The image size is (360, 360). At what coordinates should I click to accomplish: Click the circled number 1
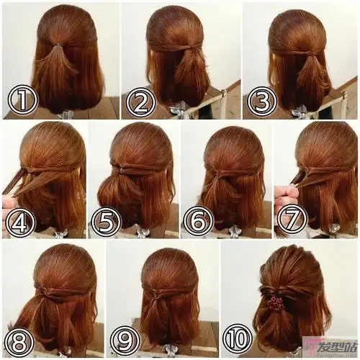(x=23, y=100)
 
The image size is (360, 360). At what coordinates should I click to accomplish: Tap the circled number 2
(x=141, y=102)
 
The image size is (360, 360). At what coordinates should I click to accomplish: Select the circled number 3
(x=262, y=101)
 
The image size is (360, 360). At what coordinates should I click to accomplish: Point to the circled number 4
(x=20, y=222)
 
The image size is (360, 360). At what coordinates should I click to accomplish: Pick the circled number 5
(x=107, y=222)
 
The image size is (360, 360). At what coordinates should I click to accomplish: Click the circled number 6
(x=199, y=222)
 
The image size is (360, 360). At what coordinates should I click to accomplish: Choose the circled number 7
(x=292, y=219)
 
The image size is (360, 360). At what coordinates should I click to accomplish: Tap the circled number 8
(x=19, y=341)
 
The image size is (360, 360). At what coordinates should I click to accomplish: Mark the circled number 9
(x=125, y=341)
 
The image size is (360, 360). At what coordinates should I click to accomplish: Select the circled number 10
(x=238, y=339)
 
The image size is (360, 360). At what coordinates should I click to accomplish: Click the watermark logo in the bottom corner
(x=330, y=347)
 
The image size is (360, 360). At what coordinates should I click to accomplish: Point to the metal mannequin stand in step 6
(x=232, y=232)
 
